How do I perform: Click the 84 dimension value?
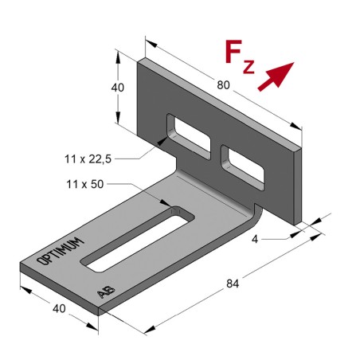pos(233,283)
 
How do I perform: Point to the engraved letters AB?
pos(104,292)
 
